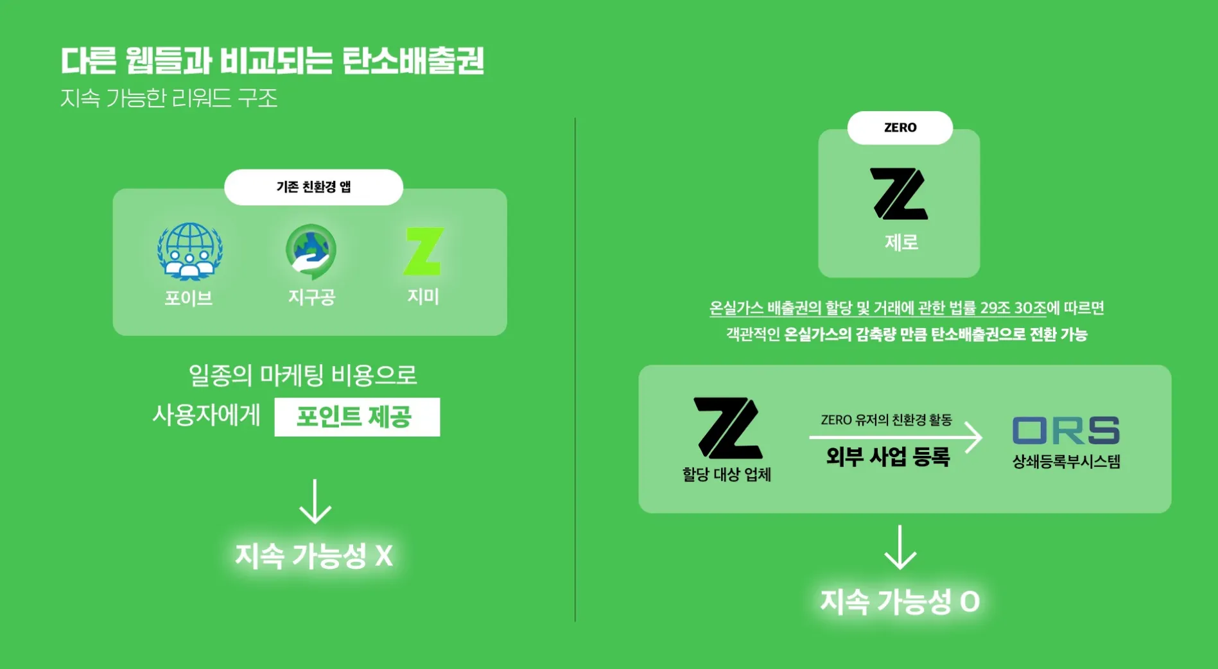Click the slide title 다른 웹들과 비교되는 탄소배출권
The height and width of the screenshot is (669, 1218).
(x=272, y=61)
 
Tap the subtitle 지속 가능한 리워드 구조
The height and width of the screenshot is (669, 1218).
(x=169, y=98)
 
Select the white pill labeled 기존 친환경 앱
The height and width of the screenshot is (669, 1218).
(x=313, y=187)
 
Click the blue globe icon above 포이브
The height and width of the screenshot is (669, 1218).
(x=190, y=251)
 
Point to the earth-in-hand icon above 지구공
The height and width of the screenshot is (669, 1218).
(x=311, y=251)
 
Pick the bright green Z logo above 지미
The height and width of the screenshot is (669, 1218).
(x=424, y=251)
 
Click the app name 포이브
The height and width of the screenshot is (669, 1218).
(x=189, y=298)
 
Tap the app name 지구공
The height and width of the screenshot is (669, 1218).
(x=311, y=297)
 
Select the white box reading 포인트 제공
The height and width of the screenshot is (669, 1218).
(x=357, y=417)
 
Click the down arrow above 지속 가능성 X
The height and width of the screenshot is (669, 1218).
(x=315, y=501)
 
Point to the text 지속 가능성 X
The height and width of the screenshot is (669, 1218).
(x=313, y=555)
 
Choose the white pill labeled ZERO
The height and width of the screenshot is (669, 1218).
(x=900, y=128)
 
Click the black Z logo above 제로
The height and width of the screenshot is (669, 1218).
(x=899, y=194)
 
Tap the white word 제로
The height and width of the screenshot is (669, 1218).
(x=901, y=243)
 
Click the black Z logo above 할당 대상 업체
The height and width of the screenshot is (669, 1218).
(x=728, y=428)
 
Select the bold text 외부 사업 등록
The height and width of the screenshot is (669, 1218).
(x=887, y=457)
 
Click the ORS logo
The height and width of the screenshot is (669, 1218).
(x=1066, y=430)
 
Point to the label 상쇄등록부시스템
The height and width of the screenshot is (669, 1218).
(x=1066, y=462)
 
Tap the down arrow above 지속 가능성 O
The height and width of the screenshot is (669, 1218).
(x=900, y=548)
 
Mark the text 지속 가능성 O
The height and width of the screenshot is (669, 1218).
(x=900, y=602)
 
